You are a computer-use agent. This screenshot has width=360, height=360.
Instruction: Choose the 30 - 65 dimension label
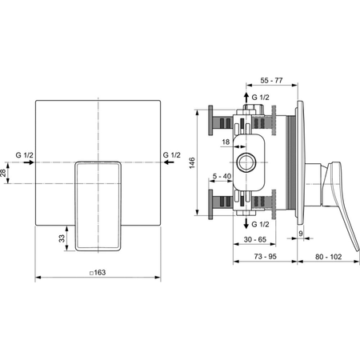point(255,239)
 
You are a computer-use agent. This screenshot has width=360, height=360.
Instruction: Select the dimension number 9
point(302,234)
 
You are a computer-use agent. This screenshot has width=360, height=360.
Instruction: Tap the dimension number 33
point(61,238)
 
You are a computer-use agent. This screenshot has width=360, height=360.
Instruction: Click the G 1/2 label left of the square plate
point(24,154)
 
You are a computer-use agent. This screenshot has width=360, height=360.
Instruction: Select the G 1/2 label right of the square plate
point(172,154)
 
